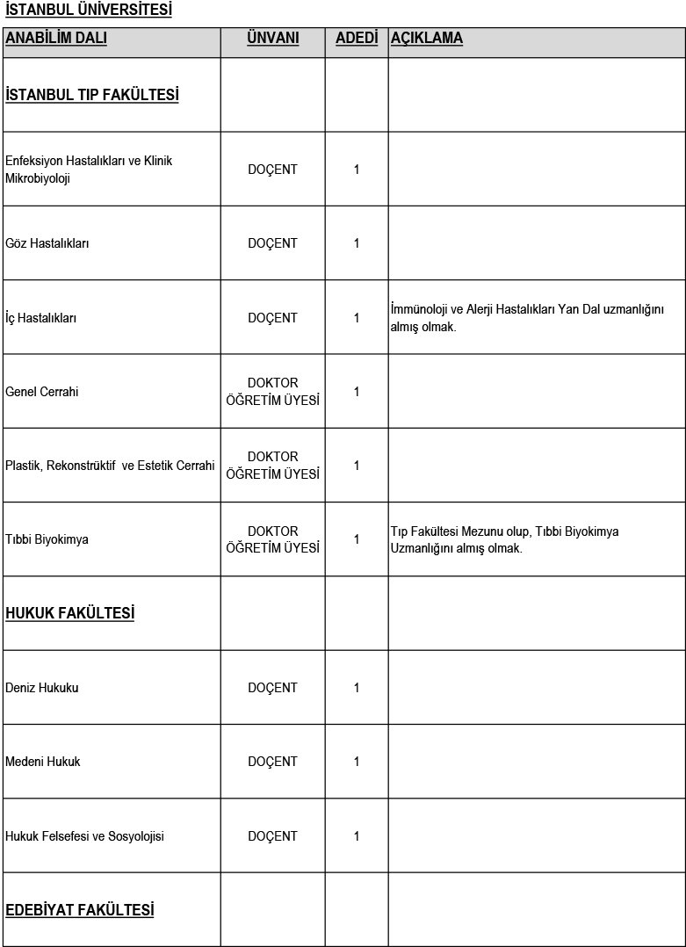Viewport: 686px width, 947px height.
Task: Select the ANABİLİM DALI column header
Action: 56,39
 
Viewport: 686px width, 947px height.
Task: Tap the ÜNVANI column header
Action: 272,39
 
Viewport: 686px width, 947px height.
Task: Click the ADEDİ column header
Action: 357,39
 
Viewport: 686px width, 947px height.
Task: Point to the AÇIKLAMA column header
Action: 426,39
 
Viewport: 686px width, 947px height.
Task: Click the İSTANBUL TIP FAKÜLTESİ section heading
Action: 92,95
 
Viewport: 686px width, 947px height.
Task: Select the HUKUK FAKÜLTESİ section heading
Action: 70,613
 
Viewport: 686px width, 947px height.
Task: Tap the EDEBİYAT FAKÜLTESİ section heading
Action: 80,909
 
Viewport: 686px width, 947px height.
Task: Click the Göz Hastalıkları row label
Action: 47,243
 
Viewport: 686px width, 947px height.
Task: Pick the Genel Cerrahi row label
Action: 42,392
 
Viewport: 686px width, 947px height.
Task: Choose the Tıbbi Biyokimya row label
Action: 47,539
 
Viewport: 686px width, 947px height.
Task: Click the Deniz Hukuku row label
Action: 42,688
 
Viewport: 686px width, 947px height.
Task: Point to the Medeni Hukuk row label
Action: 43,762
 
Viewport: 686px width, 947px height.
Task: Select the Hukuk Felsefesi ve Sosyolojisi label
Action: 84,836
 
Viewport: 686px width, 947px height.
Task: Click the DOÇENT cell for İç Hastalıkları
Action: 272,318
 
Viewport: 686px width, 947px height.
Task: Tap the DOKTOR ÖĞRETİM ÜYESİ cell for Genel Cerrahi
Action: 272,392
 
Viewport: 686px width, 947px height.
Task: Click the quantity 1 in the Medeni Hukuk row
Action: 357,762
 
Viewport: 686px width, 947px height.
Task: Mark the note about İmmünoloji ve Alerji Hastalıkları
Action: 527,318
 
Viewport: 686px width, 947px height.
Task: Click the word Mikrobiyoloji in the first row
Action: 38,178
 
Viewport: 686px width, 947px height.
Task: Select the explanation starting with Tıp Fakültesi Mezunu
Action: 505,539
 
